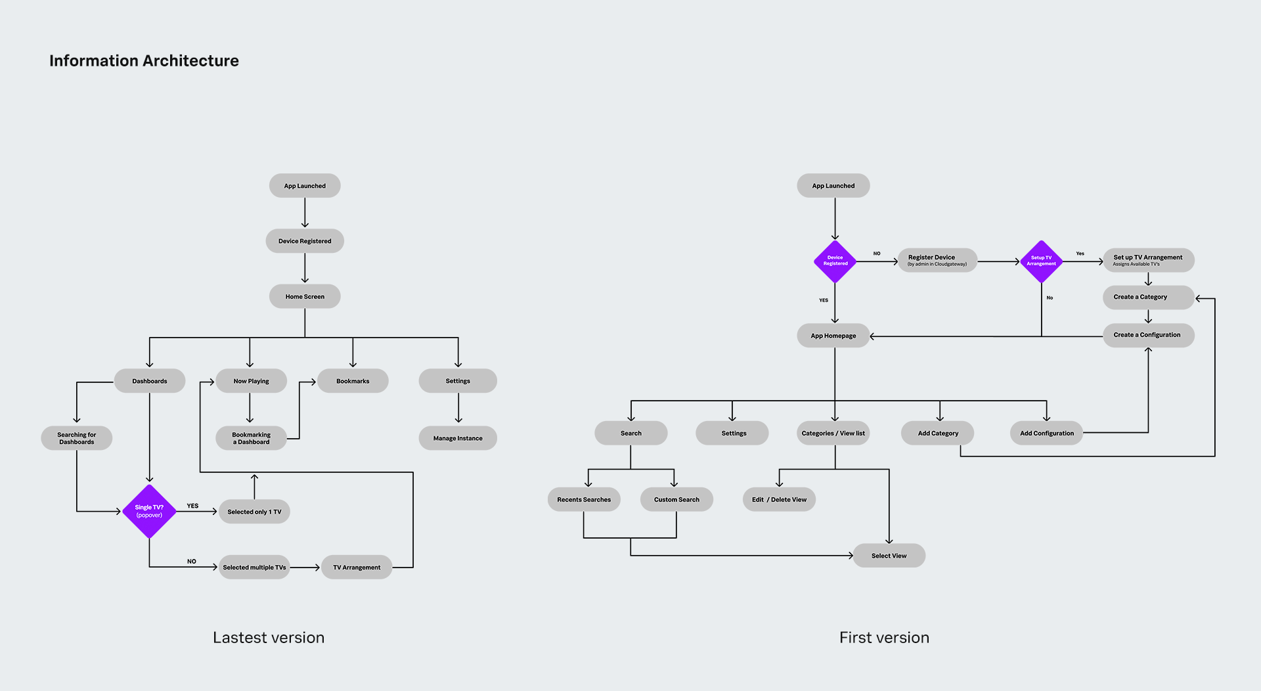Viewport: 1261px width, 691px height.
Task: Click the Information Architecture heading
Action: click(144, 61)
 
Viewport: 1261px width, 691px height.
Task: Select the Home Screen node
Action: click(305, 296)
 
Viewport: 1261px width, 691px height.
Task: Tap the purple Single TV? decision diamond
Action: click(149, 512)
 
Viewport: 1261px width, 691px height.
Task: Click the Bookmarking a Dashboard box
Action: click(251, 438)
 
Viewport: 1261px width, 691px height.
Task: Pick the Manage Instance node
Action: click(458, 438)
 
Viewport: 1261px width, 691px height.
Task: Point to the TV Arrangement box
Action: click(357, 568)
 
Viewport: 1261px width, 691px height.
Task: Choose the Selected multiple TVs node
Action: click(254, 568)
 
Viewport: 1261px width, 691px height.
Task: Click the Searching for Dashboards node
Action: click(76, 438)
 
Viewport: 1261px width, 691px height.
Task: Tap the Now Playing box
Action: click(251, 381)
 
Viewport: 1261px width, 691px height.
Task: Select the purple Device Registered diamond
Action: click(835, 261)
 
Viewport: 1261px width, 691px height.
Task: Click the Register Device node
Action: click(937, 261)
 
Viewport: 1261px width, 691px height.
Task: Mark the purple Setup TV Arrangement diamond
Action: click(1042, 261)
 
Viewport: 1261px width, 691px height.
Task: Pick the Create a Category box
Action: click(1148, 297)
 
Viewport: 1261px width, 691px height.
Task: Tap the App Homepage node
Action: click(833, 336)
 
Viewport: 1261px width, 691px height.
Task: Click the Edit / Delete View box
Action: click(779, 500)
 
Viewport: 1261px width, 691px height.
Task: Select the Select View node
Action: click(889, 556)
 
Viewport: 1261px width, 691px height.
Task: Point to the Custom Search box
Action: click(676, 500)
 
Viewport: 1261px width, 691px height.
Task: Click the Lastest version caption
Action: click(269, 638)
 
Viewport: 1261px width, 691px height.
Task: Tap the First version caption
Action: click(884, 638)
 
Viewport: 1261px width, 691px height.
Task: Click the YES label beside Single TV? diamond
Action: click(192, 506)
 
